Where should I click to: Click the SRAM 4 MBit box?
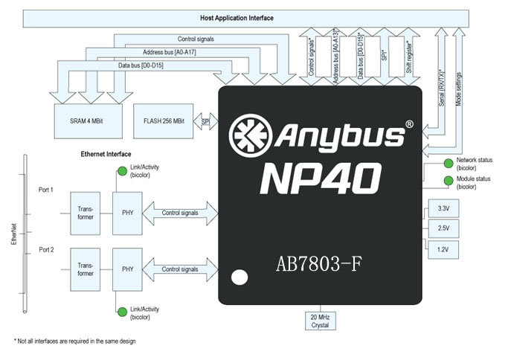[88, 121]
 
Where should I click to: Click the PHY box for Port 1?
[126, 213]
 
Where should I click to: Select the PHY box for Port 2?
[126, 269]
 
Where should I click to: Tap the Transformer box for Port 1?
[85, 213]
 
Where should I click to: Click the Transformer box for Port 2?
[85, 269]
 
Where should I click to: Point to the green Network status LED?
[449, 164]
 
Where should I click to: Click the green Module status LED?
[449, 181]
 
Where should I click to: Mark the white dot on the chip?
[239, 278]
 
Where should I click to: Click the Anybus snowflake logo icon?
[251, 135]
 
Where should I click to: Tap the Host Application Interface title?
[237, 17]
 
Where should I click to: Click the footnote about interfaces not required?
[74, 341]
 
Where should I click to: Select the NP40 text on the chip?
[321, 179]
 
